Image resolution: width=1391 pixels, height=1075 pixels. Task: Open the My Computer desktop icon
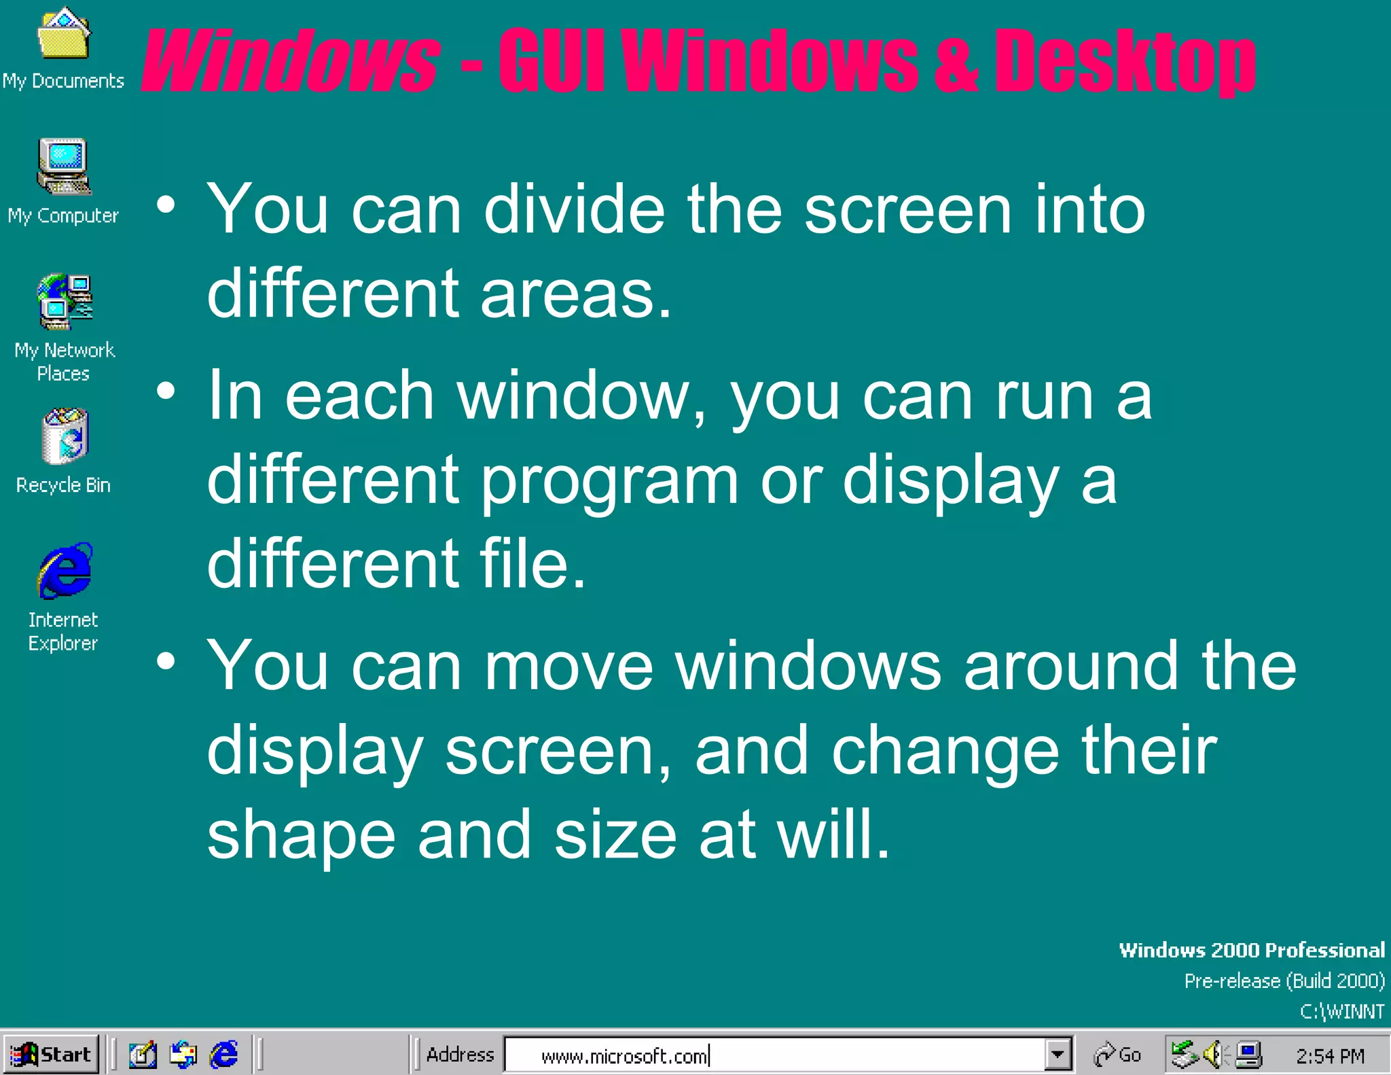pyautogui.click(x=64, y=166)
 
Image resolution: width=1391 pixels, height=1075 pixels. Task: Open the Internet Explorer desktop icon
pyautogui.click(x=65, y=571)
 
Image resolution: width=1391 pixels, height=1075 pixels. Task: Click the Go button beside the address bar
pyautogui.click(x=1117, y=1055)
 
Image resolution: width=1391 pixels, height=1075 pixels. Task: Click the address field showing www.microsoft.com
pyautogui.click(x=774, y=1055)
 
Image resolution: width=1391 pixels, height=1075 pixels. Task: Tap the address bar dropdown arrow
pyautogui.click(x=1058, y=1055)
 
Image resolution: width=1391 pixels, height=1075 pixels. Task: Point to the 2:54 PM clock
pyautogui.click(x=1329, y=1055)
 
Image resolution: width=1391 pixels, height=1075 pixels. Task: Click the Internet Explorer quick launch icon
pyautogui.click(x=223, y=1055)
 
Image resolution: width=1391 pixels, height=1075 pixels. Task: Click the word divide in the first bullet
pyautogui.click(x=574, y=210)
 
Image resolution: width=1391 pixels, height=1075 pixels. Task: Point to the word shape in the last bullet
pyautogui.click(x=301, y=835)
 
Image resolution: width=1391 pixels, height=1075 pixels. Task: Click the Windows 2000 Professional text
pyautogui.click(x=1251, y=950)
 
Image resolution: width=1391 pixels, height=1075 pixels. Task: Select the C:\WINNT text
pyautogui.click(x=1341, y=1012)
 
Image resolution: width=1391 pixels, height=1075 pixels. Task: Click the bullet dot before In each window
pyautogui.click(x=166, y=391)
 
